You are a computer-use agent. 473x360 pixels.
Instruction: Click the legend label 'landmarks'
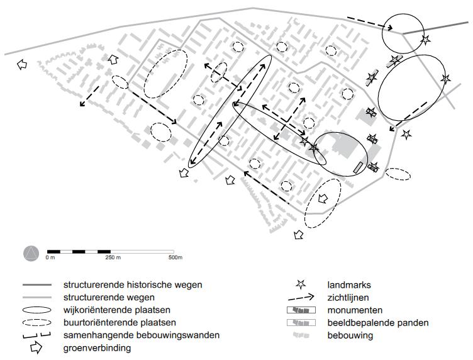click(x=349, y=285)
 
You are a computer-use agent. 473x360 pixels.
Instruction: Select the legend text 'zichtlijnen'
click(x=348, y=298)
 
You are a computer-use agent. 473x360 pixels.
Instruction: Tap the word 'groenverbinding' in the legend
click(x=97, y=348)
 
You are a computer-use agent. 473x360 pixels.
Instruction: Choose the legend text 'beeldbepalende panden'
click(x=378, y=323)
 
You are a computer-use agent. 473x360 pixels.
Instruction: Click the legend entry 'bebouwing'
click(x=350, y=335)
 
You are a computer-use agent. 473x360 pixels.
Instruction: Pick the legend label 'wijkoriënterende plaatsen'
click(x=117, y=310)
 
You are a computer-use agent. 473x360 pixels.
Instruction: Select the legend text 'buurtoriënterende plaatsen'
click(x=120, y=323)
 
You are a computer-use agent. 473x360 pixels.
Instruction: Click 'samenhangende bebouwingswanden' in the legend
click(x=141, y=335)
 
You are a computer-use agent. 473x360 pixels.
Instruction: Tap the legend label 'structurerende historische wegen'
click(x=133, y=285)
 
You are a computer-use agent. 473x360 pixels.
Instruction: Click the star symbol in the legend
click(x=301, y=284)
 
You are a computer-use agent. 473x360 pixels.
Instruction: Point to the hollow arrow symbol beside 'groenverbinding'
click(x=36, y=347)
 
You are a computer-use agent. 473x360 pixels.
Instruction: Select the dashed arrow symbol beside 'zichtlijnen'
click(x=301, y=298)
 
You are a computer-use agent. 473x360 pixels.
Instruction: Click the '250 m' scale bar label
click(x=113, y=257)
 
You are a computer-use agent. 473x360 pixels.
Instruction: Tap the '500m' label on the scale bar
click(x=175, y=257)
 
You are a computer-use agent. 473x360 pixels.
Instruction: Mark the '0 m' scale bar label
click(x=50, y=257)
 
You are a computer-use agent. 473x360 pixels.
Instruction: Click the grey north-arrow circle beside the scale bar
click(x=31, y=254)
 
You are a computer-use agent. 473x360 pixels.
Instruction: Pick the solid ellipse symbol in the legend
click(x=37, y=310)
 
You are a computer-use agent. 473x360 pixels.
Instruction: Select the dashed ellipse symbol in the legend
click(x=37, y=323)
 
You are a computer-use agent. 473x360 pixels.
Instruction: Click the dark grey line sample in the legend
click(x=37, y=285)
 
